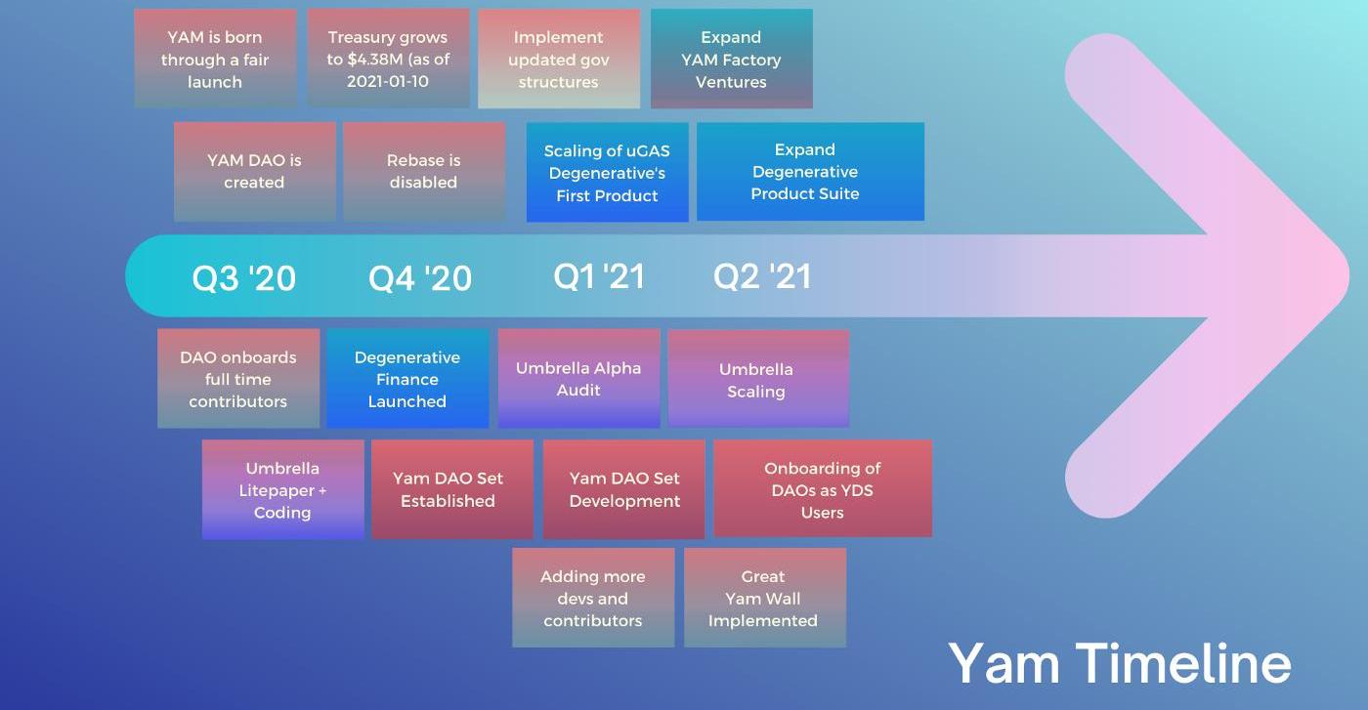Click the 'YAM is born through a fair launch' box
215,59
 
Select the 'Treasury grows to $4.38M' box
388,59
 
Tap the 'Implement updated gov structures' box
559,59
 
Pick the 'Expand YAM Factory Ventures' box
731,59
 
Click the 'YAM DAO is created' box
254,171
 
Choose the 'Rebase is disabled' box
423,171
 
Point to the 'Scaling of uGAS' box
607,172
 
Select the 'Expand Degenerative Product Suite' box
810,171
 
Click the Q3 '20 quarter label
243,278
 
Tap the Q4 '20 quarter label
420,278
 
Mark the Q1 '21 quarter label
599,276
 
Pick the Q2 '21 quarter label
762,276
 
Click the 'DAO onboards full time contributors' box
238,378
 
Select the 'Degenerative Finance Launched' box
407,378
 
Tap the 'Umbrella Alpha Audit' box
578,378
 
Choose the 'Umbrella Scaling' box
757,379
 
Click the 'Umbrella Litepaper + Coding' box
282,489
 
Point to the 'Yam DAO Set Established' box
451,489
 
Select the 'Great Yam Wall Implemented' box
764,598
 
